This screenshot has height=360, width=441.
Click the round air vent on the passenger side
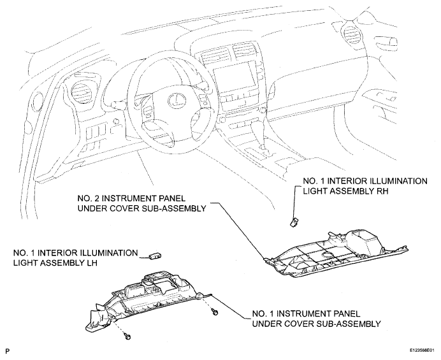[349, 34]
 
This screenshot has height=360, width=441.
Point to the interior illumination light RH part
[293, 222]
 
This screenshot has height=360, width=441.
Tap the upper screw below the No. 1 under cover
[215, 312]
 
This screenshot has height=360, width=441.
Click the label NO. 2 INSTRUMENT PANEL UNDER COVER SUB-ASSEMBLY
[141, 203]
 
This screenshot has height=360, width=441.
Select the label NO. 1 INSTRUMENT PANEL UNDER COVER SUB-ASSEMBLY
[316, 319]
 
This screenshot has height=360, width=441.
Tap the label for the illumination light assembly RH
[365, 186]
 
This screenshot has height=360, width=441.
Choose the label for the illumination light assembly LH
[75, 257]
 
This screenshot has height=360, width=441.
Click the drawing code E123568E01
[424, 350]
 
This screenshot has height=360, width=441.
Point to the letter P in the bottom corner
[7, 350]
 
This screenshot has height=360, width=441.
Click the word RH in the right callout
[382, 191]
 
